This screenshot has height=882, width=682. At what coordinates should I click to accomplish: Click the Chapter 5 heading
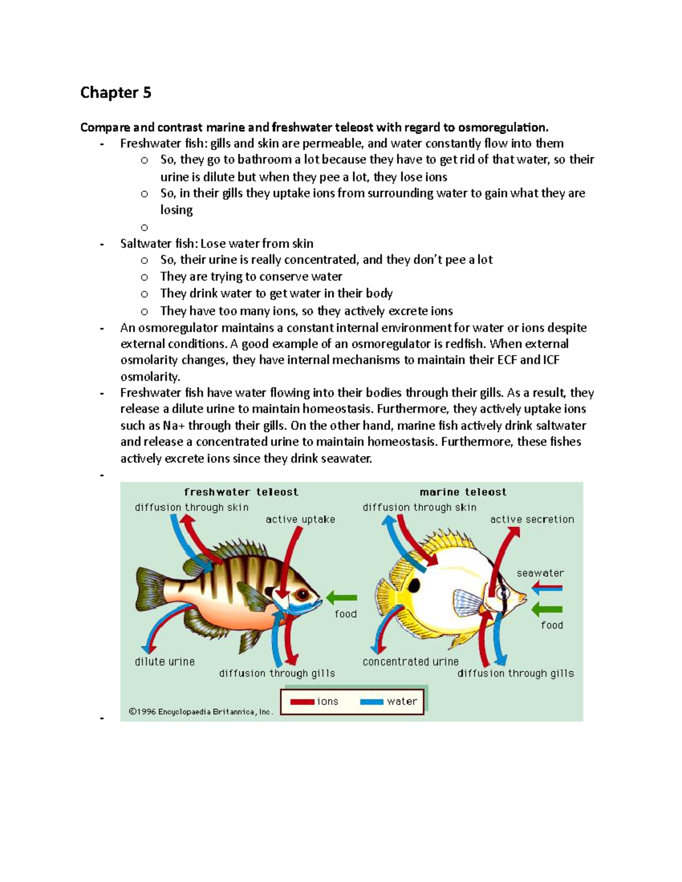click(116, 93)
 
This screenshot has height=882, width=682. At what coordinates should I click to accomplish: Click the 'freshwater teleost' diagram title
click(241, 492)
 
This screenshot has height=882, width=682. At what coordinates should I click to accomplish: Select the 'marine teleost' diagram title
click(463, 492)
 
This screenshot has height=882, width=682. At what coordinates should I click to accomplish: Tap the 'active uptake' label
click(300, 520)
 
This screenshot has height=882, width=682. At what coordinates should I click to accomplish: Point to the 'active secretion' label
click(532, 520)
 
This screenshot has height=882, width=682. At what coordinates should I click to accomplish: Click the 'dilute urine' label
click(165, 662)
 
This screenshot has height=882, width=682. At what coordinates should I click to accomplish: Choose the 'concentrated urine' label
click(410, 662)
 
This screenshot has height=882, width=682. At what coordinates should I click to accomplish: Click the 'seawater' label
click(540, 573)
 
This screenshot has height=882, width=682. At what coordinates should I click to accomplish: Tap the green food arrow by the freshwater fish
click(342, 597)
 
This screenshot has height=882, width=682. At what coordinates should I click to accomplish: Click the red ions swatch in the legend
click(302, 702)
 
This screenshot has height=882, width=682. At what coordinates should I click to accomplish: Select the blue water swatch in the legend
click(372, 702)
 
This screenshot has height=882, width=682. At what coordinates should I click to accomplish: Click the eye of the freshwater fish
click(301, 595)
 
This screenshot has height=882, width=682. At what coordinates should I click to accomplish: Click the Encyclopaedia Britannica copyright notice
click(201, 712)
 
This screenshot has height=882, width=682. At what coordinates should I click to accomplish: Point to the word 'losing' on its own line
click(176, 210)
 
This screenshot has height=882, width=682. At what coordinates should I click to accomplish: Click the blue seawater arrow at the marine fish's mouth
click(547, 588)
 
